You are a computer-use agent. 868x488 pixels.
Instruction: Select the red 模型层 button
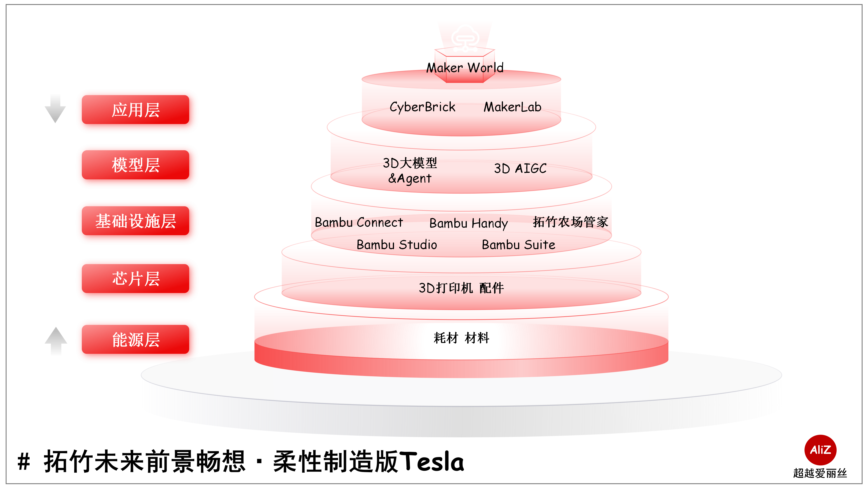point(135,165)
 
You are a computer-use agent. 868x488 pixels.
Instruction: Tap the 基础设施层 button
point(135,221)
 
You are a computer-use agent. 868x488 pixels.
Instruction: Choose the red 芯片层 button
point(135,279)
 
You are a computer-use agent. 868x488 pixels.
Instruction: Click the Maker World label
point(465,68)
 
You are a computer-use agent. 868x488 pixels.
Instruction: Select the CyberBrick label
point(422,107)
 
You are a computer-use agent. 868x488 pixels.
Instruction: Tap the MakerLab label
point(512,107)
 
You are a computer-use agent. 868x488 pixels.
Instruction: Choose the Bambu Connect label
point(359,222)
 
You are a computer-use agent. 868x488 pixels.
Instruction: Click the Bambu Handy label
point(468,223)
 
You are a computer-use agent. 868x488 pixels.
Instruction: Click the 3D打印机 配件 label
point(461,288)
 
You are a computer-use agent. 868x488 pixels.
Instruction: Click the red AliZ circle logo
point(820,450)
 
